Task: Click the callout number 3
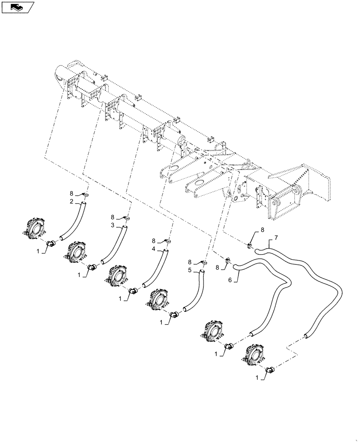[x=113, y=225]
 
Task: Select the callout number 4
[x=153, y=249]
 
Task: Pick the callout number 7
[x=276, y=238]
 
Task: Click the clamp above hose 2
[x=86, y=194]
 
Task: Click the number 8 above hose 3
[x=113, y=217]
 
